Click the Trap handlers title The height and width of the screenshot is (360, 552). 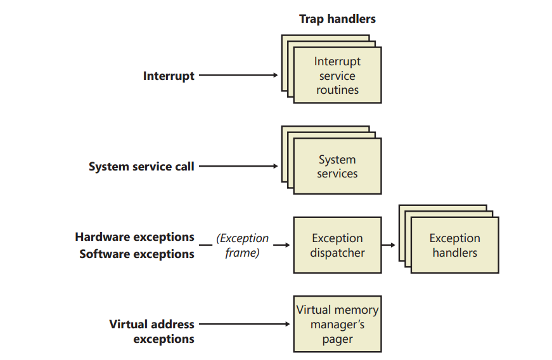coord(337,19)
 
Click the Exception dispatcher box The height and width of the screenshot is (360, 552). coord(337,245)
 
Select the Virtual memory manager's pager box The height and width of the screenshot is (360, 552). coord(337,324)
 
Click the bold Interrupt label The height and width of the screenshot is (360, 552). coord(169,76)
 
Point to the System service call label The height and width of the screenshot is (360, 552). coord(141,167)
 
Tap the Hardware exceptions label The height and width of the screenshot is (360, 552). coord(134,237)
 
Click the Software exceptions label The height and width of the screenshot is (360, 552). coord(137,254)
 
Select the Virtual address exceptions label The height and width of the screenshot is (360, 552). coord(151,331)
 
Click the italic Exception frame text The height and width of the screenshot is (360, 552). coord(243,245)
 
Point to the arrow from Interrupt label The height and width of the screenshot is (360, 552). coord(238,75)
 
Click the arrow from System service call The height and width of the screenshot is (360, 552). coord(238,166)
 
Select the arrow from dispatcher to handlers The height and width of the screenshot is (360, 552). coord(388,245)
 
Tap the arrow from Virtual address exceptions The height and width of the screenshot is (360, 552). coord(245,324)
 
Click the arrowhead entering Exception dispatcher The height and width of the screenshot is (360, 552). coord(288,245)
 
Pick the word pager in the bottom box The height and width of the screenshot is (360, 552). coord(337,340)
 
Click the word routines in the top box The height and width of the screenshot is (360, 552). coord(337,90)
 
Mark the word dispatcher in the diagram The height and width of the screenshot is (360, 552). coord(337,253)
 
